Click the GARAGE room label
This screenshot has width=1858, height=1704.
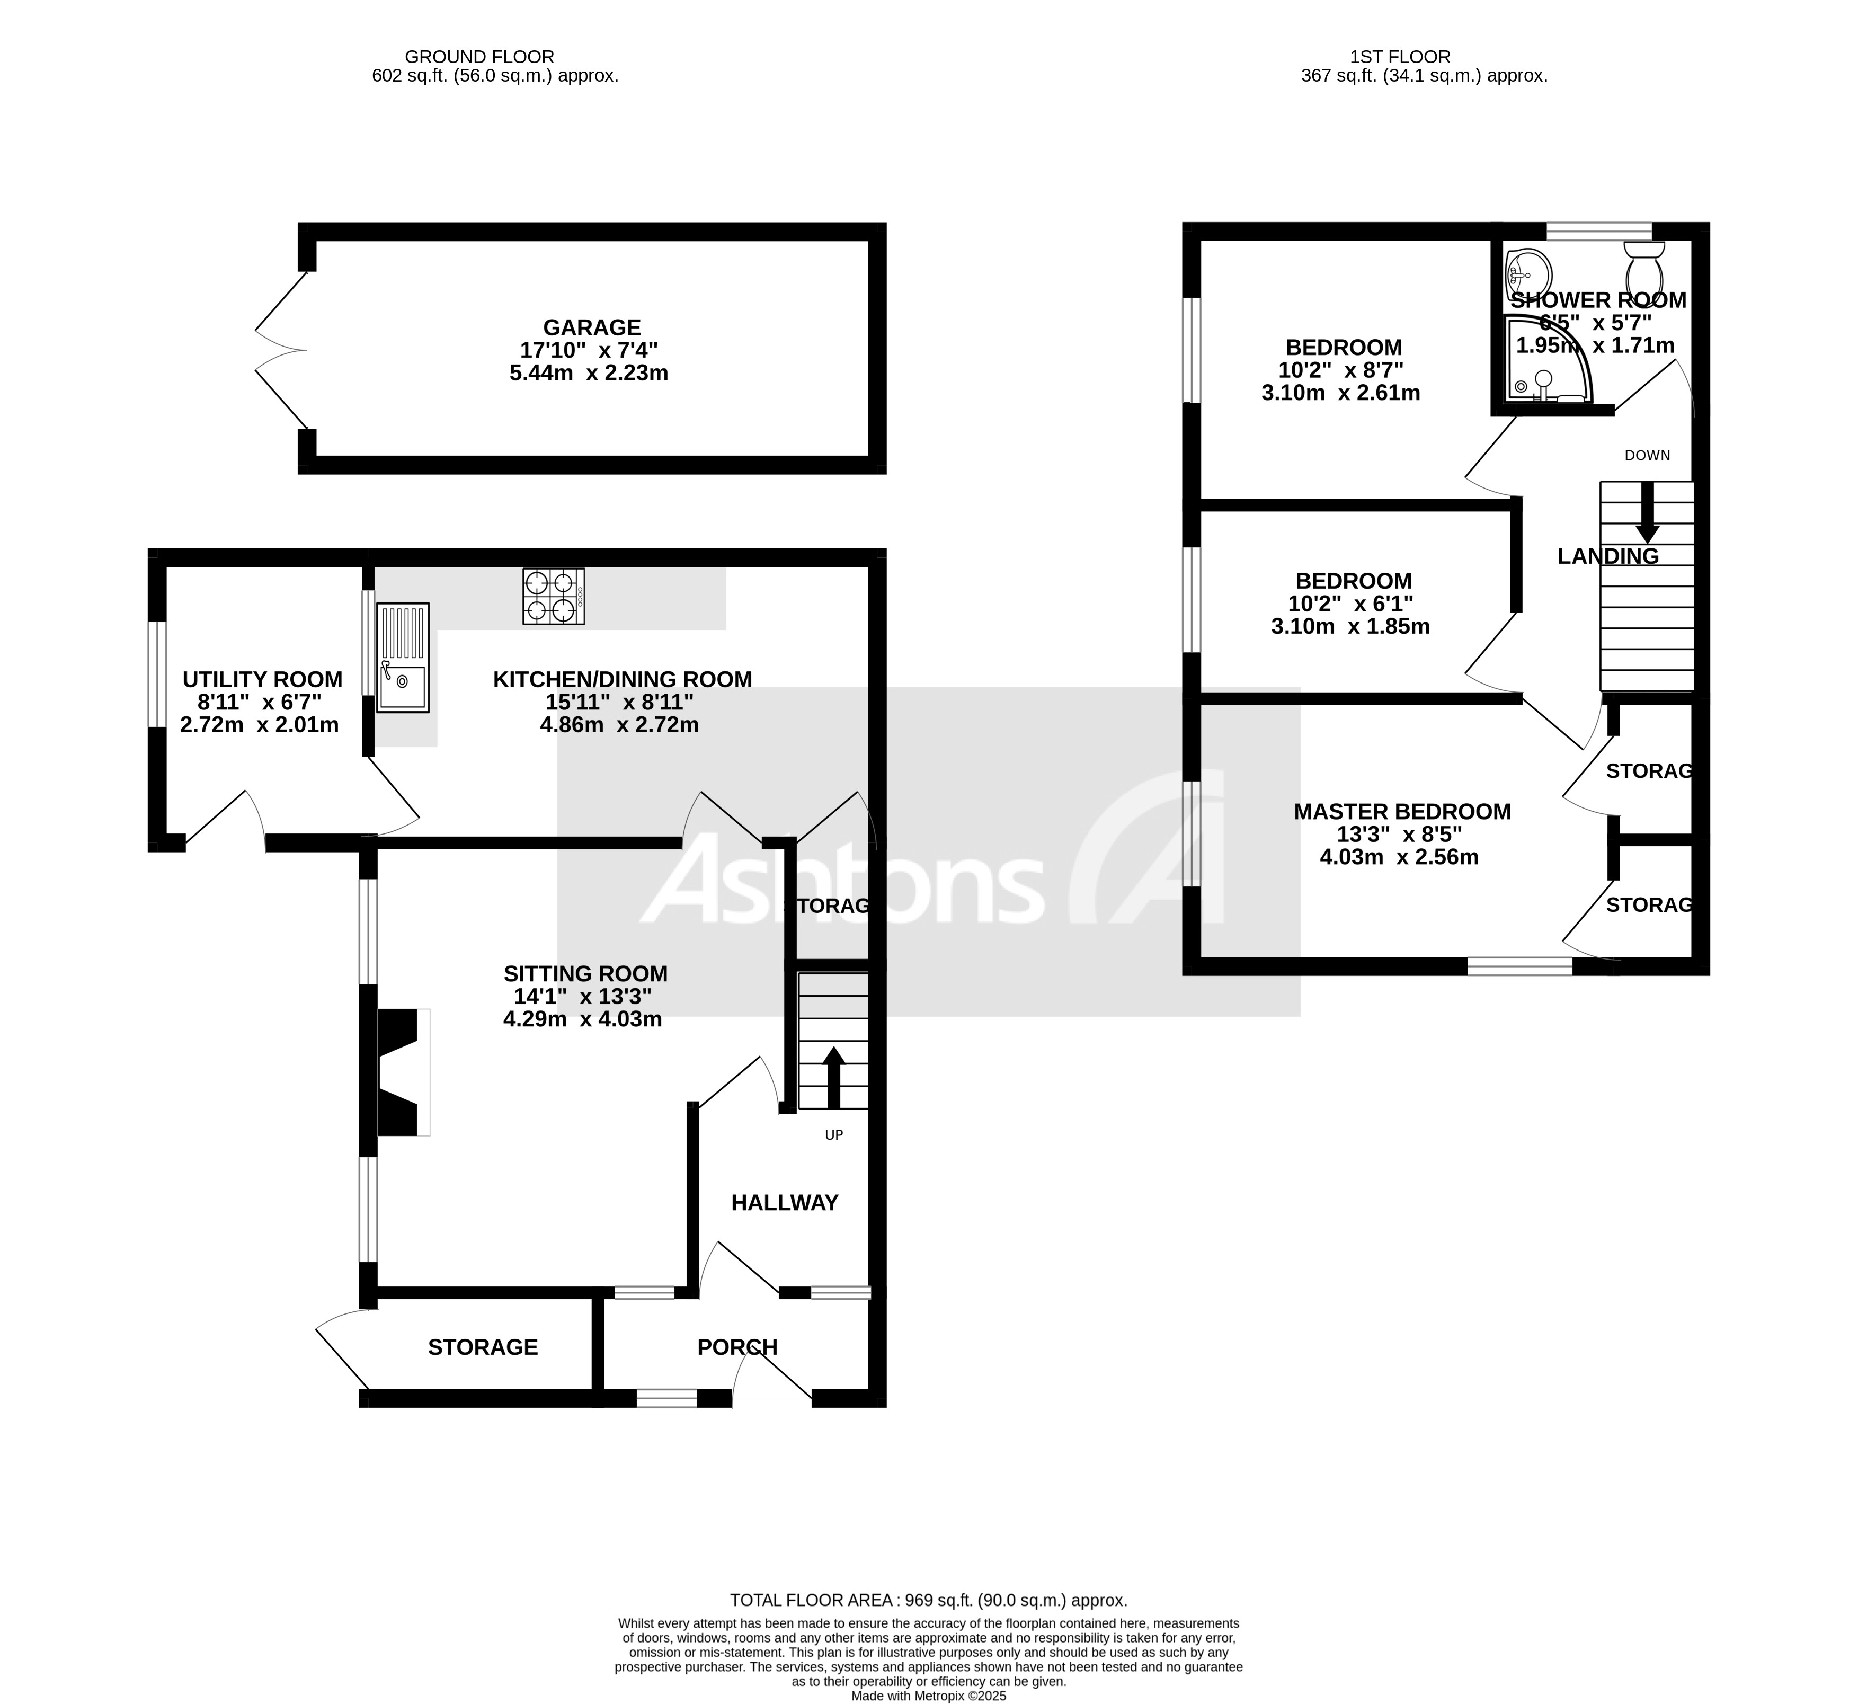click(591, 327)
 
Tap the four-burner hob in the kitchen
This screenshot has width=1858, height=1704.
click(553, 597)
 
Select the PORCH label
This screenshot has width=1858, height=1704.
click(737, 1347)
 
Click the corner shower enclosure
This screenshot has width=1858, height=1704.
click(1544, 362)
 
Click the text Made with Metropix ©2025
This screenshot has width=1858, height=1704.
click(929, 1696)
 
